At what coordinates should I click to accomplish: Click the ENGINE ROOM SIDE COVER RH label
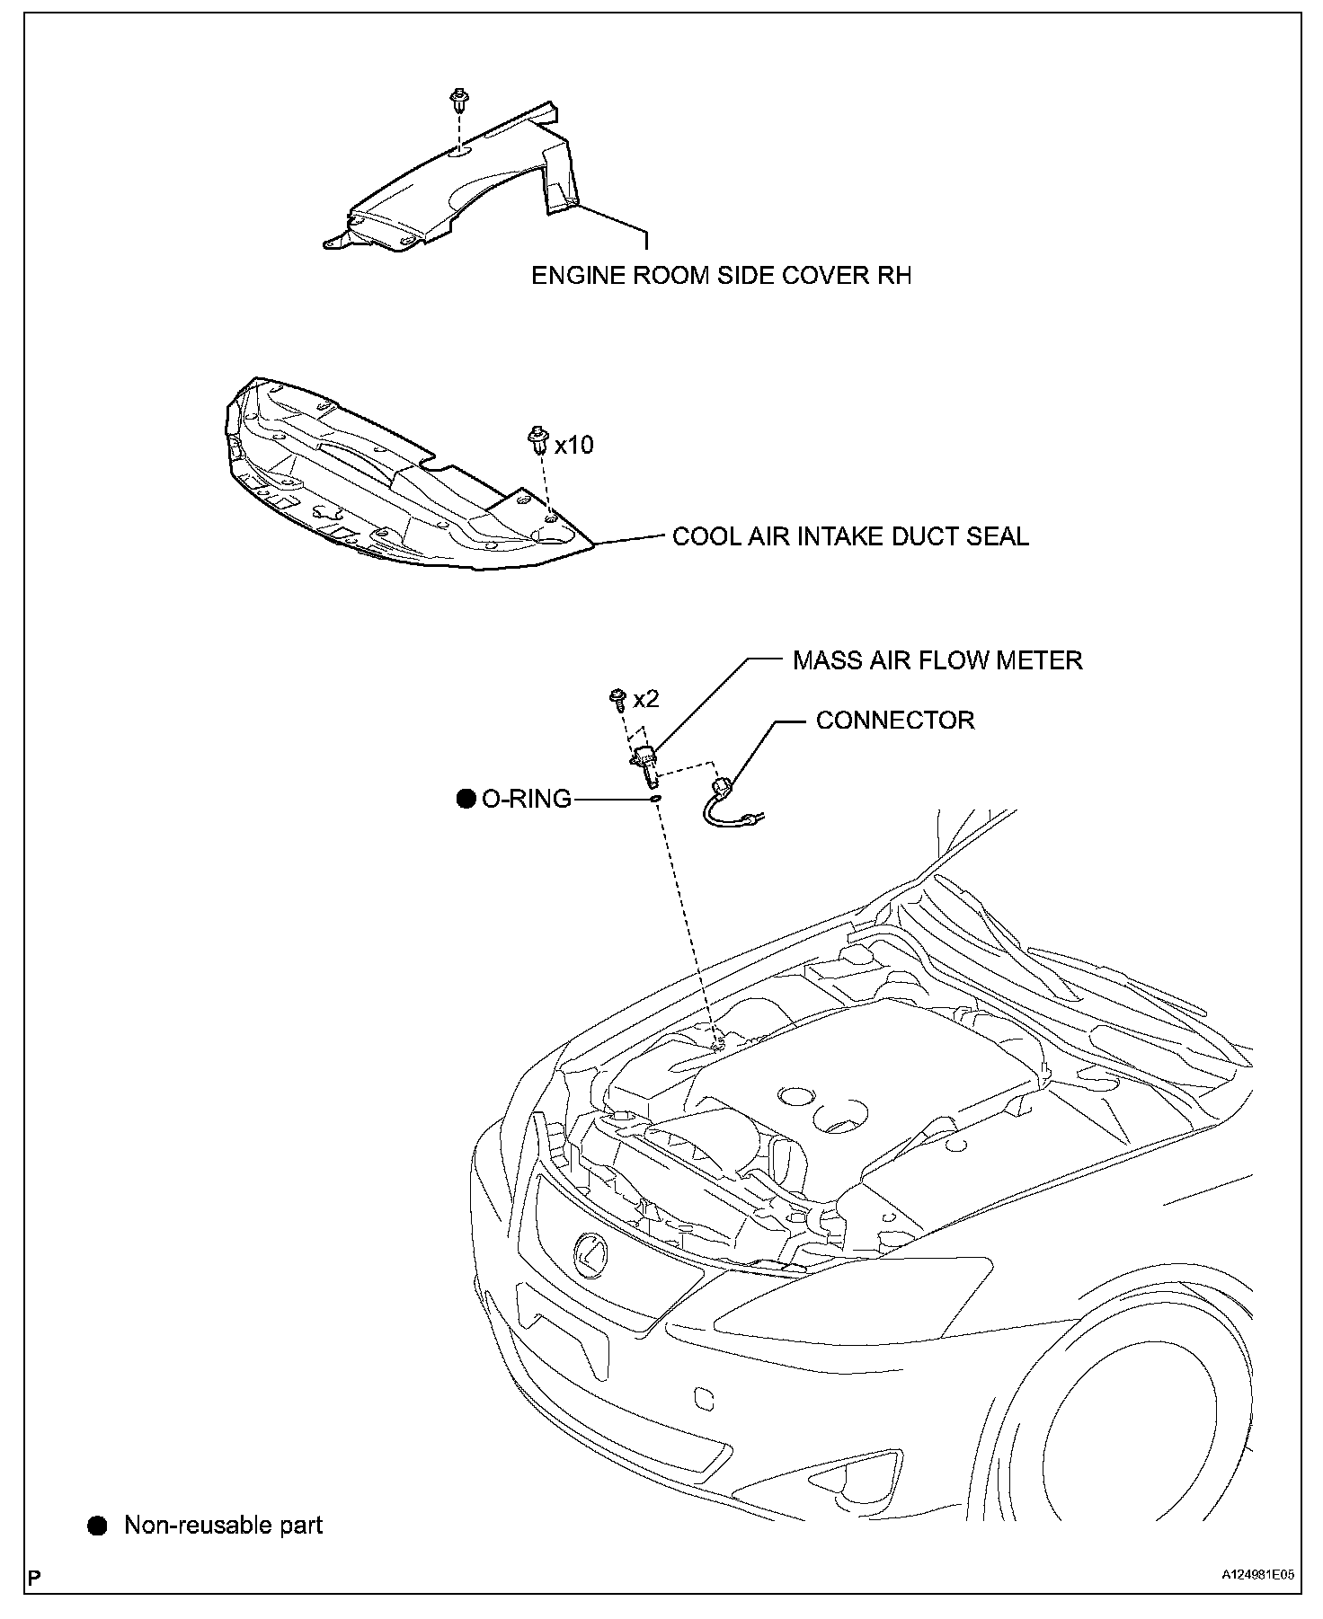tap(721, 276)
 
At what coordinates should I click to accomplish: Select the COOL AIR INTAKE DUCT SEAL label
tap(850, 537)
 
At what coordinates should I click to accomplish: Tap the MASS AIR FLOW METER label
tap(937, 661)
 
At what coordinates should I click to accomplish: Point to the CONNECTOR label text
tap(894, 721)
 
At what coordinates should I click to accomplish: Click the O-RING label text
tap(527, 799)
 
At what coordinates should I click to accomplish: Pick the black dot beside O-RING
tap(466, 799)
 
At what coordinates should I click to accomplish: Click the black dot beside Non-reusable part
tap(97, 1525)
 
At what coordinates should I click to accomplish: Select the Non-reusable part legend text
tap(223, 1525)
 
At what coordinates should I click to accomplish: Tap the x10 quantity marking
tap(573, 445)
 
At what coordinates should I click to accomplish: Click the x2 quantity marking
tap(645, 699)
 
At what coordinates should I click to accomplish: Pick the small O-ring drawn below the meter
tap(655, 797)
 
